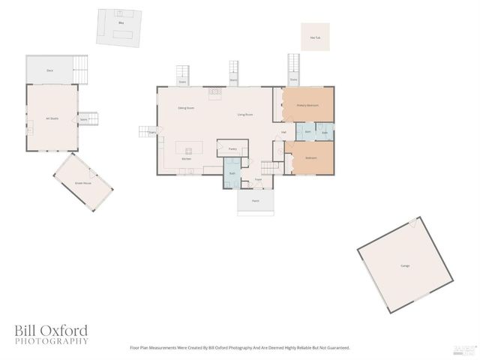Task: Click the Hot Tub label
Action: click(x=315, y=37)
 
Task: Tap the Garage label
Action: click(x=405, y=266)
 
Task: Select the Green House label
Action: click(x=82, y=183)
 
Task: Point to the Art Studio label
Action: click(x=52, y=118)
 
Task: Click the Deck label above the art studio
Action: click(x=49, y=70)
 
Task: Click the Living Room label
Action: click(x=244, y=114)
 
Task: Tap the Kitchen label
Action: click(x=187, y=159)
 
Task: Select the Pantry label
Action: click(x=233, y=149)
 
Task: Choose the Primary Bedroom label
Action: click(x=307, y=105)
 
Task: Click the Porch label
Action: click(x=256, y=201)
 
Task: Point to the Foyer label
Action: click(x=257, y=180)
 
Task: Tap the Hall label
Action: click(x=283, y=133)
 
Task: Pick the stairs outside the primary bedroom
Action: click(x=294, y=70)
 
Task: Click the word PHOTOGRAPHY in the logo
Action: click(x=51, y=341)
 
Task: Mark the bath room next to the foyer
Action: click(x=232, y=174)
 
